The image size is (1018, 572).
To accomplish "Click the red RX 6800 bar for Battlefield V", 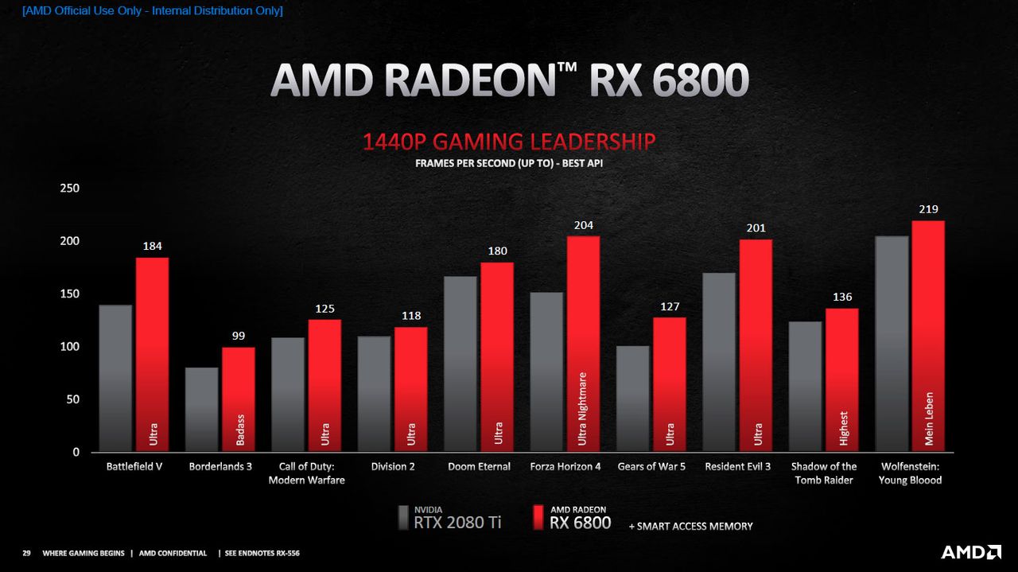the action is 152,354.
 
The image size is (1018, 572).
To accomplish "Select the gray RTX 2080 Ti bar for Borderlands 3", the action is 202,409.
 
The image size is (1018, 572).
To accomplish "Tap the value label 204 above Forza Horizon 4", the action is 584,225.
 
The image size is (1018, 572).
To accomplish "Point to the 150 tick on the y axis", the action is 69,294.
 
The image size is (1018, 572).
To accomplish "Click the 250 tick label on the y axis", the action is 69,188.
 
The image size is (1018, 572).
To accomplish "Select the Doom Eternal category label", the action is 479,466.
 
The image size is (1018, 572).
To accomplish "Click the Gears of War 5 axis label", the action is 651,466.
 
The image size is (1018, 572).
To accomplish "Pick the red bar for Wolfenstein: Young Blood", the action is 928,336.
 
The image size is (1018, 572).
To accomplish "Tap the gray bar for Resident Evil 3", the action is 719,362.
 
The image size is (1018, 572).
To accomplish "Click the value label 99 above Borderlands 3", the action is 239,336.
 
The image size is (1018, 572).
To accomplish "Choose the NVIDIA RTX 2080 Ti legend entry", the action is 449,518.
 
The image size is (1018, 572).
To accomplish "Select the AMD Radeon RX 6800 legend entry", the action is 572,518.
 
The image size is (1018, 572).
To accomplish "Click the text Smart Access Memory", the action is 691,526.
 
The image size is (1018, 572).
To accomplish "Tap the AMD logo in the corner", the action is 971,552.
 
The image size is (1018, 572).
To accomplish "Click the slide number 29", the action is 27,553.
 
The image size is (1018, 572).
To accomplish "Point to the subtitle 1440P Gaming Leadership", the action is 509,142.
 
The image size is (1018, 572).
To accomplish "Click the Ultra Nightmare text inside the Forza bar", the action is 582,409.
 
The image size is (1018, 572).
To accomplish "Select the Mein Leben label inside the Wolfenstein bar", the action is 929,418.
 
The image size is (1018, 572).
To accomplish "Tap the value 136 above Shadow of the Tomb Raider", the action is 842,297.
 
